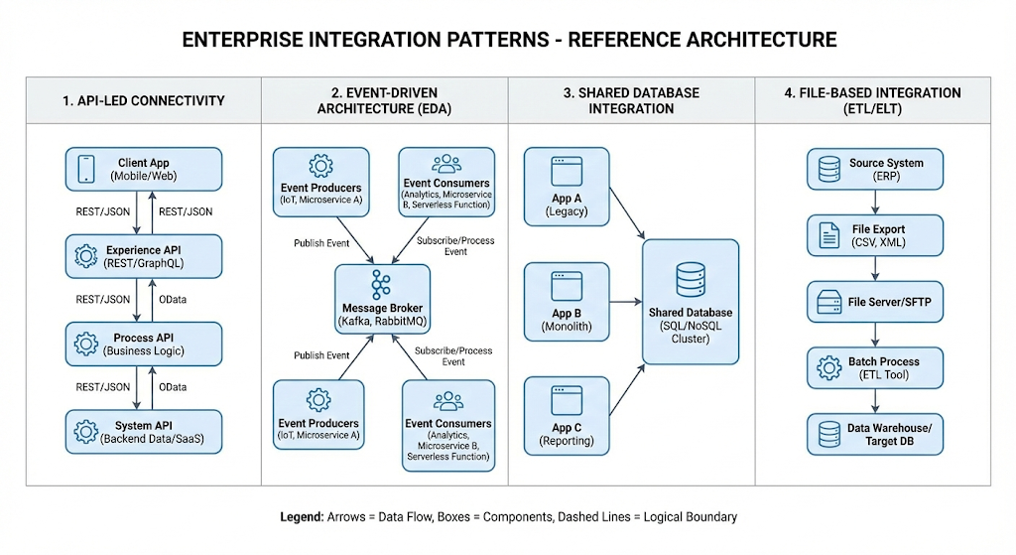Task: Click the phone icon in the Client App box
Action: (x=84, y=169)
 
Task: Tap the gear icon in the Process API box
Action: (x=84, y=344)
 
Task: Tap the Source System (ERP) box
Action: (x=874, y=170)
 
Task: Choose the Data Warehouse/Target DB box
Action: (x=874, y=434)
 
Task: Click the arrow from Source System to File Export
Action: (x=874, y=203)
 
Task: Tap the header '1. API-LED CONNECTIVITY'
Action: (x=144, y=100)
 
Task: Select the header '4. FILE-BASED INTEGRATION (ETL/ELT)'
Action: (x=873, y=100)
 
